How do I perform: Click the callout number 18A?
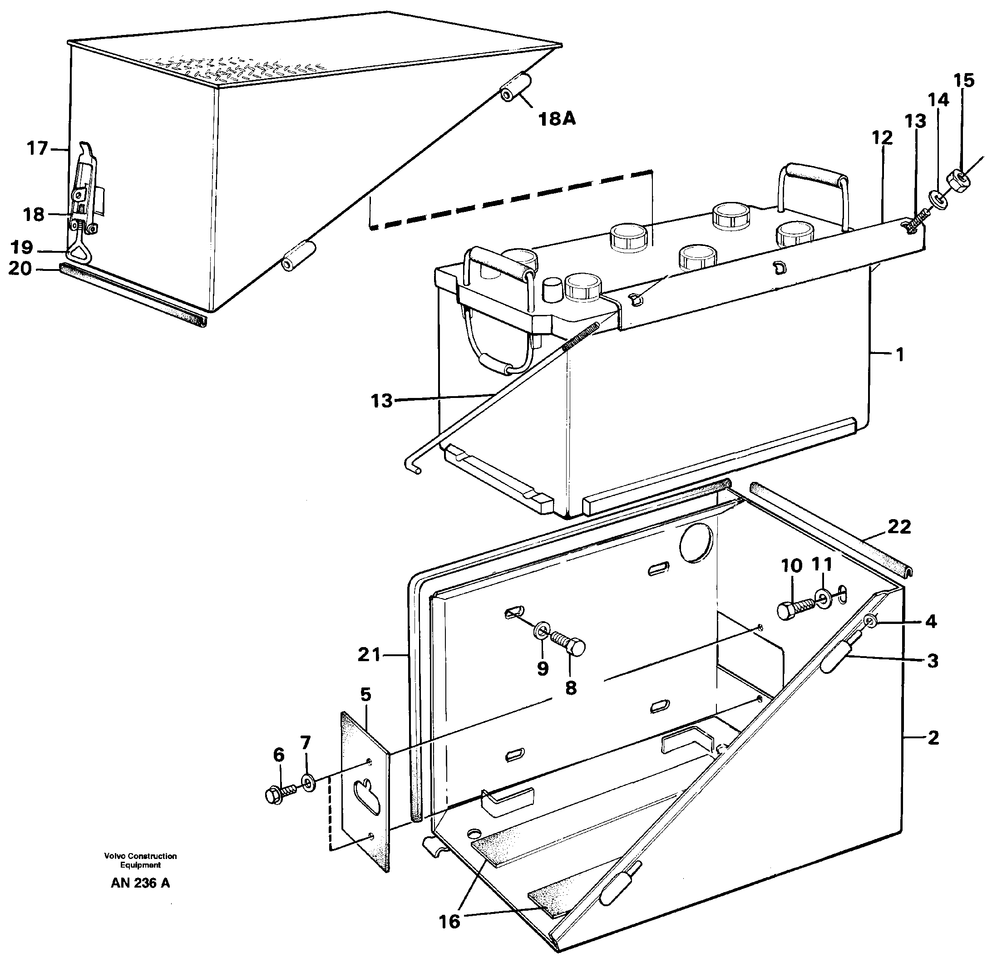(557, 118)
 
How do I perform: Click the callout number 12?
(882, 138)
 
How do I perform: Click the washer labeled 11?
(822, 596)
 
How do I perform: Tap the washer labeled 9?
(542, 632)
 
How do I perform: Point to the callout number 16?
(449, 921)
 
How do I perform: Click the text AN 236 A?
(140, 883)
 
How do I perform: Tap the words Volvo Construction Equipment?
(140, 860)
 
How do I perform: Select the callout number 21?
(369, 655)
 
